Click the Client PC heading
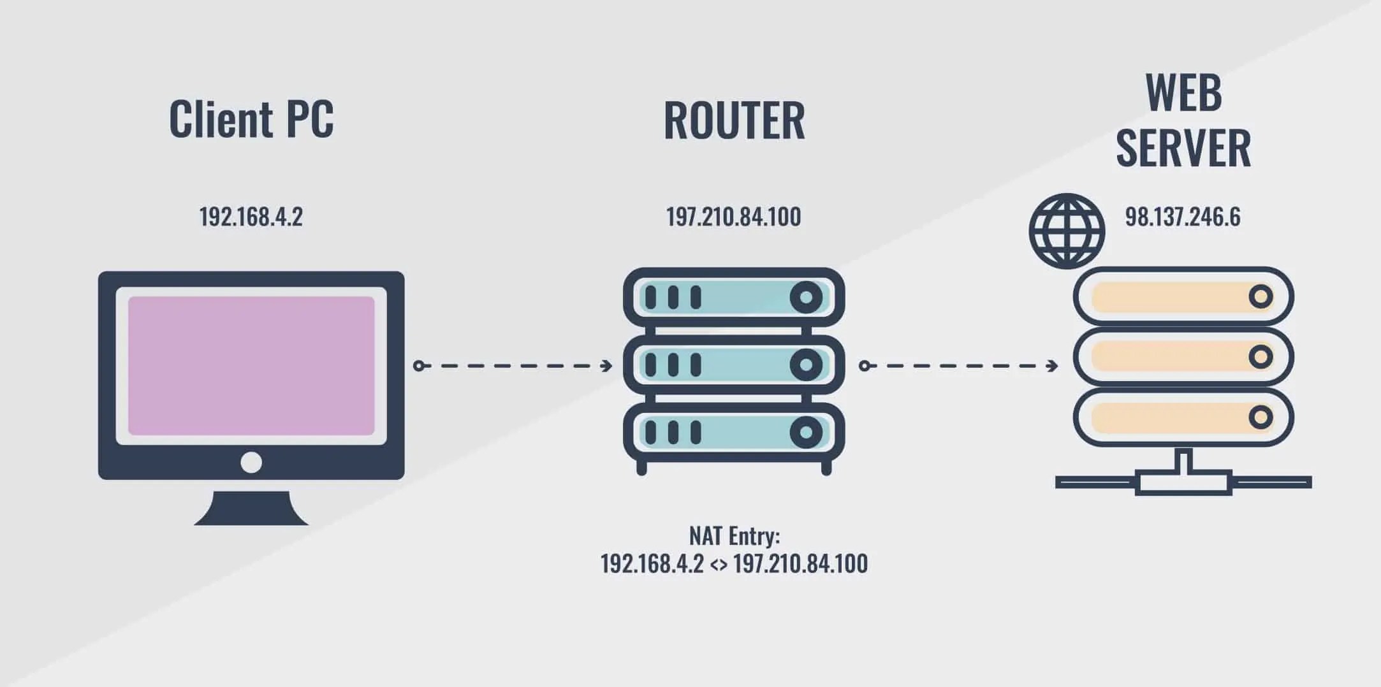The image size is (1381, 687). coord(251,119)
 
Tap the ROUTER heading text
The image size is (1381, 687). coord(734,120)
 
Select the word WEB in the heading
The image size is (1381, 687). coord(1183,94)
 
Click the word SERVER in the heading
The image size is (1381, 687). coord(1183,148)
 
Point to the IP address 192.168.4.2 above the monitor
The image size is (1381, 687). coord(251,217)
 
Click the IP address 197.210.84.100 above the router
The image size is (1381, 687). coord(733,217)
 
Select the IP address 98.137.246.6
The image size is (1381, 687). coord(1183,217)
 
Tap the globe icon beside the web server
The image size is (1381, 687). coord(1067,231)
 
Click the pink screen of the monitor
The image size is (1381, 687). coord(251,365)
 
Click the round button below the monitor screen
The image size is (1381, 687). coord(251,462)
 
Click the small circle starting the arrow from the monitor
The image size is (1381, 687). coord(418,366)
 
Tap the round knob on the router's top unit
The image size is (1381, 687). coord(806,297)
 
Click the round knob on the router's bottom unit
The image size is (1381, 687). coord(806,433)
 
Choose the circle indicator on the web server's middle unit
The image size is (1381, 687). coord(1260,357)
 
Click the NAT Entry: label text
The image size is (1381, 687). coord(734,536)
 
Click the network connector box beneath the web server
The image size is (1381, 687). coord(1183,483)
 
